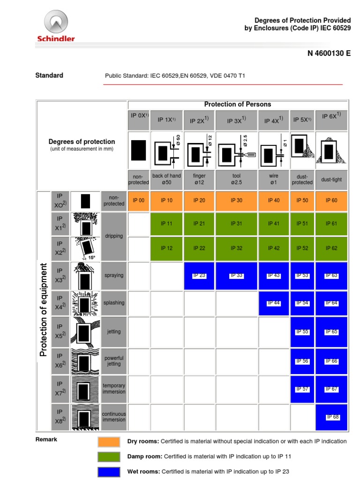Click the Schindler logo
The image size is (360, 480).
56,28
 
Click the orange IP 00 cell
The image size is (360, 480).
139,200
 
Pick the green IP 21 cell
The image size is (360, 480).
199,224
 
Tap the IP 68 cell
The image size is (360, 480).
332,417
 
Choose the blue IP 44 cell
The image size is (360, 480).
274,303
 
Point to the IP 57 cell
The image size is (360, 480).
302,389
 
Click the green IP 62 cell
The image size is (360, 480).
332,248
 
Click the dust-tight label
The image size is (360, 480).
331,179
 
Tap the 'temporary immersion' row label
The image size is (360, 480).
114,388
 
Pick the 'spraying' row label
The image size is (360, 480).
114,275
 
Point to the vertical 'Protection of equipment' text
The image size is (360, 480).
44,309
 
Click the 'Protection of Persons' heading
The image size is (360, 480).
237,104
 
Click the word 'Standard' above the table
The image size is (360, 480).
49,75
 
